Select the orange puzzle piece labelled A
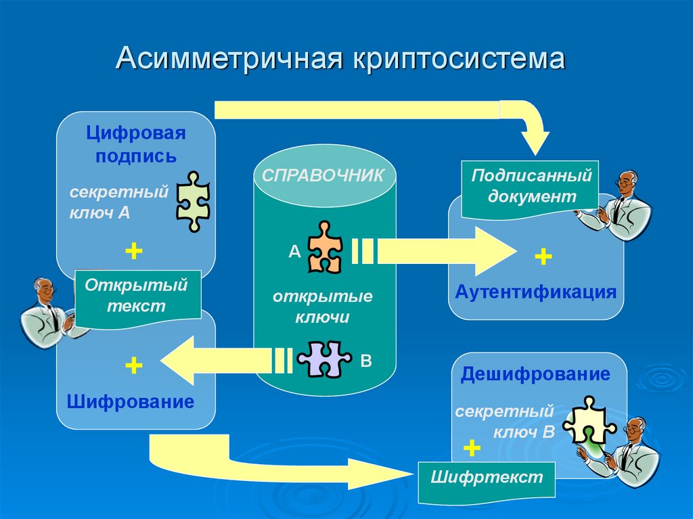tap(325, 248)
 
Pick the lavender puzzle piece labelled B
tap(324, 359)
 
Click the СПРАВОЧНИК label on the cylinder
tap(323, 175)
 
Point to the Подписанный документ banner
tap(531, 187)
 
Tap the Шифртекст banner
tap(487, 478)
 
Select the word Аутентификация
tap(535, 292)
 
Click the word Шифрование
tap(131, 402)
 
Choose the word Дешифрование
tap(535, 374)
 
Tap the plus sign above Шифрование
tap(133, 366)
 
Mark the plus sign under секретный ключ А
tap(133, 252)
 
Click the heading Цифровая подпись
tap(136, 144)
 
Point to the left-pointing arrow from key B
tap(217, 360)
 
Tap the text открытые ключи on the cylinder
tap(323, 307)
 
